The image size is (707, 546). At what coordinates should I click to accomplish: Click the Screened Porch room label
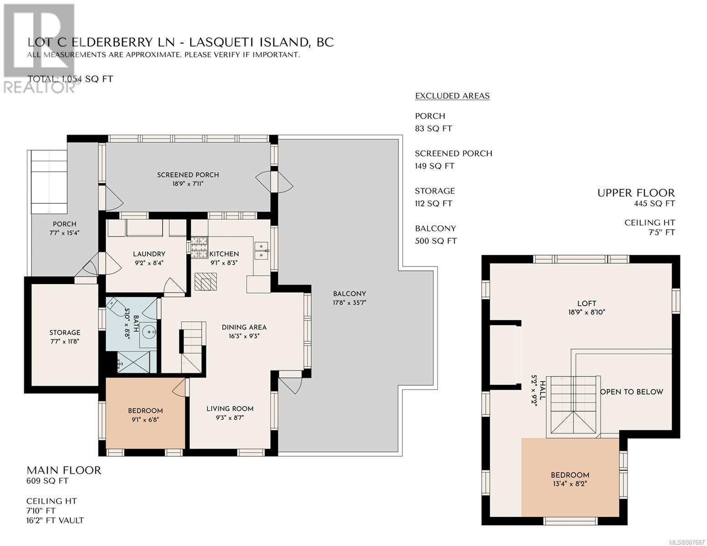click(x=188, y=175)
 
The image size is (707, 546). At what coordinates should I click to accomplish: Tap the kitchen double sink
click(x=262, y=251)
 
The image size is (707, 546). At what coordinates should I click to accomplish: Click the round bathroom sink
click(x=149, y=332)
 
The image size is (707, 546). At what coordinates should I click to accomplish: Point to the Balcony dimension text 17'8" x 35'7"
click(x=350, y=303)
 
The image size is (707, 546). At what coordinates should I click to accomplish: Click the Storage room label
click(x=65, y=333)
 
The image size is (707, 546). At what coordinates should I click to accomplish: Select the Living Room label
click(x=230, y=409)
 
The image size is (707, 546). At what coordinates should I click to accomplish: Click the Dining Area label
click(x=244, y=328)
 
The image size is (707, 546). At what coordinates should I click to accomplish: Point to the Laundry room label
click(x=149, y=254)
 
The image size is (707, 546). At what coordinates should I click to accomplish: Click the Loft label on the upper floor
click(x=587, y=303)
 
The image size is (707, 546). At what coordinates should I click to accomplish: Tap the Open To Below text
click(x=631, y=392)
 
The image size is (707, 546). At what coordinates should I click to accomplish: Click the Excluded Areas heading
click(x=452, y=96)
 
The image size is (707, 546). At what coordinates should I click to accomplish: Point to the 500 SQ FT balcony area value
click(x=436, y=241)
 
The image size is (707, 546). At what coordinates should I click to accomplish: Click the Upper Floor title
click(x=636, y=193)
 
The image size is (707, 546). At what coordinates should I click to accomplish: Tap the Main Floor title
click(x=64, y=470)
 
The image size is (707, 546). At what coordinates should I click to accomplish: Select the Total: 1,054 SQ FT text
click(x=70, y=79)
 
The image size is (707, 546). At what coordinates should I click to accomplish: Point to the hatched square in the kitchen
click(x=206, y=282)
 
